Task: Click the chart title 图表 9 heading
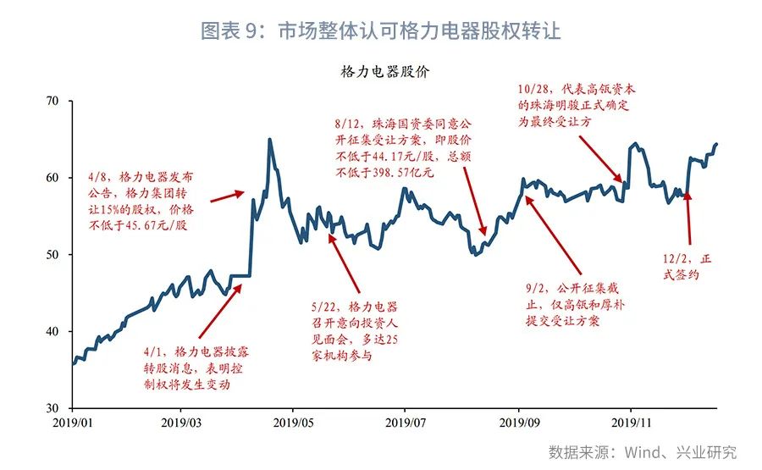click(x=380, y=31)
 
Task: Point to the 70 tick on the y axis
click(x=52, y=102)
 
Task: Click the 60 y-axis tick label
click(x=52, y=178)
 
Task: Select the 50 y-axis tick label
click(x=52, y=255)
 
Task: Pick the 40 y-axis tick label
click(x=52, y=332)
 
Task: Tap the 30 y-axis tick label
click(x=52, y=408)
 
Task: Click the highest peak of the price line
click(x=269, y=140)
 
